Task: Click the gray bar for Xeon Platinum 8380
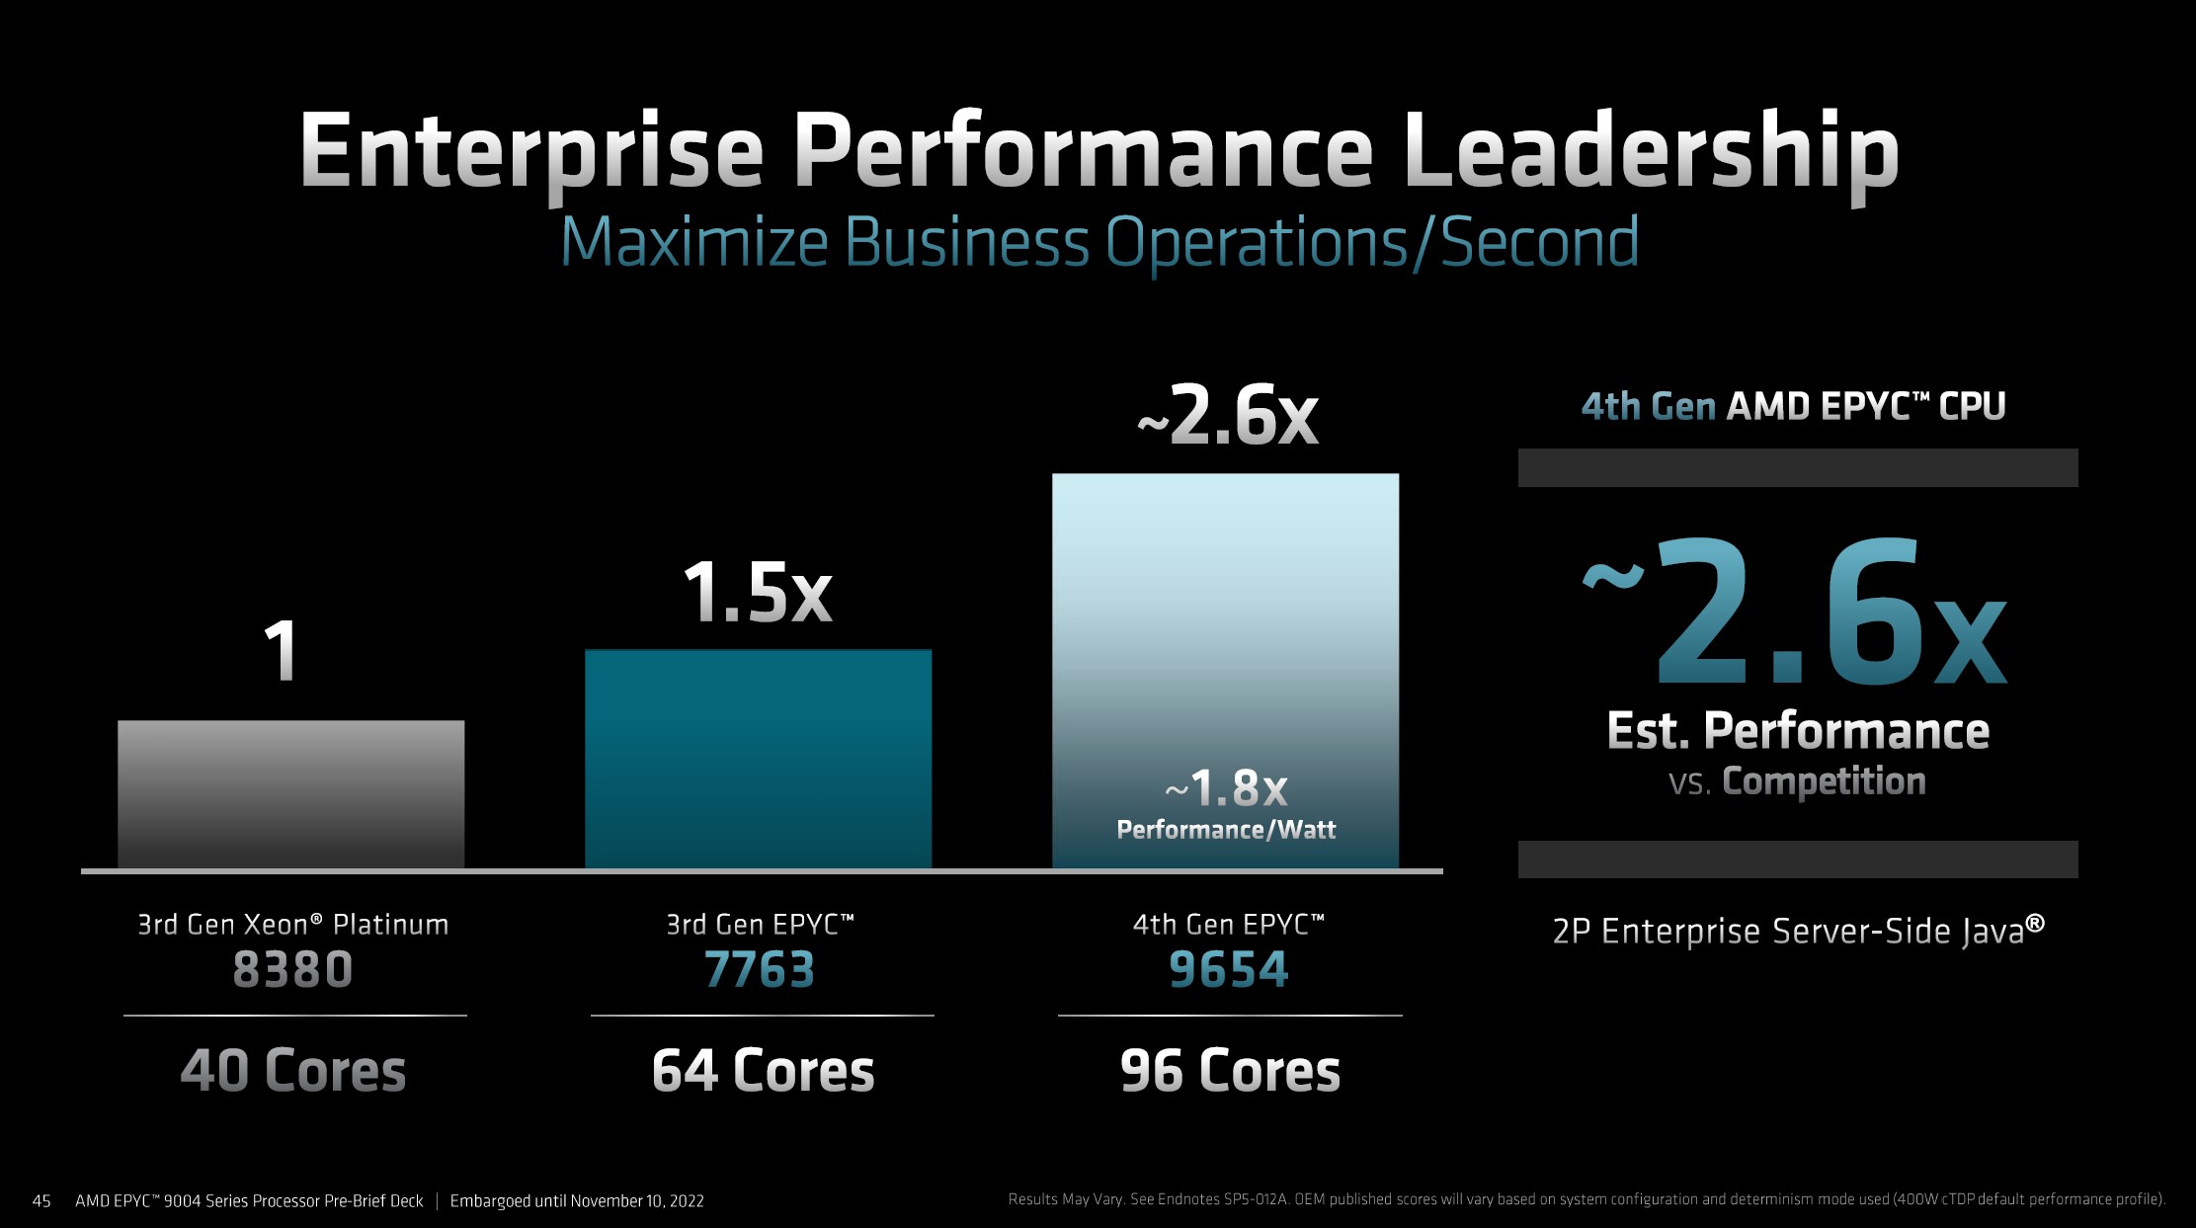coord(290,794)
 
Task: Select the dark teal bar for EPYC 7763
coord(758,759)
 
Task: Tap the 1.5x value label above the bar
coord(758,593)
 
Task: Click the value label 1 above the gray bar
coord(282,651)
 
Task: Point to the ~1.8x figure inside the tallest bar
coord(1226,787)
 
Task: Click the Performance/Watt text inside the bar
coord(1226,830)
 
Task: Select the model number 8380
coord(292,969)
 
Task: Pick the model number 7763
coord(759,969)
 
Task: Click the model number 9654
coord(1228,969)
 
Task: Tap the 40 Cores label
coord(292,1071)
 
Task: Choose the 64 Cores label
coord(763,1071)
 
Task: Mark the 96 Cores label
coord(1230,1071)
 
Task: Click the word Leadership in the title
coord(1650,153)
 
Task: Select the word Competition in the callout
coord(1824,781)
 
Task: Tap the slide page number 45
coord(41,1201)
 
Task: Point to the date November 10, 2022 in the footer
coord(636,1201)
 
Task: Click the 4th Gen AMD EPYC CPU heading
coord(1793,407)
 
